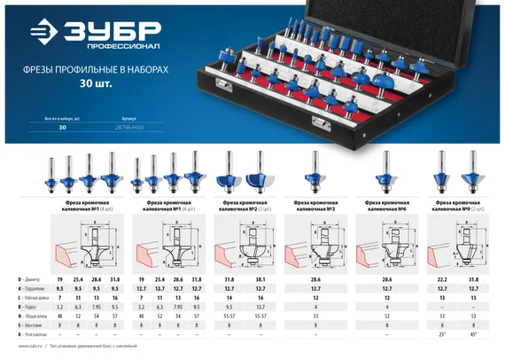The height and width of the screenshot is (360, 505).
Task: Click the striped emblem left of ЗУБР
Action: tap(38, 34)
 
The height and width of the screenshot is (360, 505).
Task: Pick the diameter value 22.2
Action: tap(443, 279)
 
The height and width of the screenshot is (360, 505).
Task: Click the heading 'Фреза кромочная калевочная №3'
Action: tap(315, 204)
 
